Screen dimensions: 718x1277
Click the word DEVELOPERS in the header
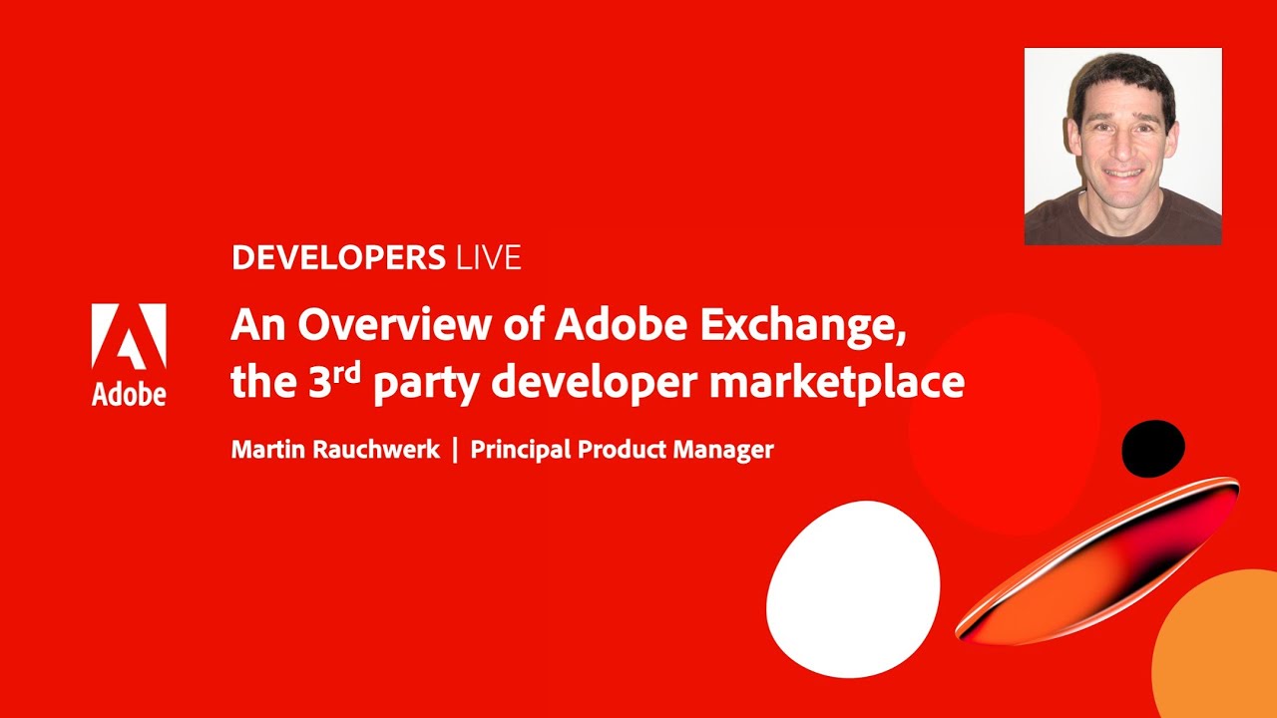coord(337,258)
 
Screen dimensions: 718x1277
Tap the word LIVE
coord(488,258)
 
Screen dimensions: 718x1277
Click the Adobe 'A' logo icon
coord(129,337)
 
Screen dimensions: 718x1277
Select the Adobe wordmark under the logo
coord(129,394)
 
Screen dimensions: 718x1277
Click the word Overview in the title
coord(410,326)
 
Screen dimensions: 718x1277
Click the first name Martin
coord(268,450)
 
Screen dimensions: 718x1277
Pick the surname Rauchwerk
coord(377,450)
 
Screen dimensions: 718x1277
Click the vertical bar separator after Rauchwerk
coord(455,450)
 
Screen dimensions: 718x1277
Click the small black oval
coord(1153,449)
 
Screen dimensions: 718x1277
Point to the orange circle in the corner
coord(1222,653)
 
